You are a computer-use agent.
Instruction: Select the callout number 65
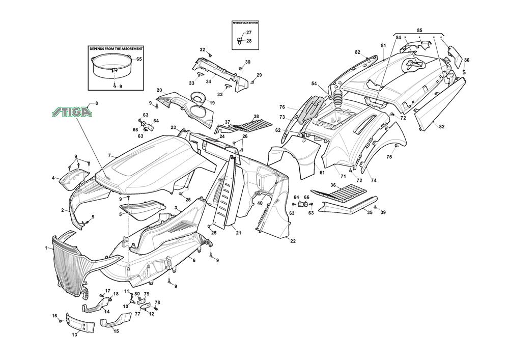pyautogui.click(x=139, y=59)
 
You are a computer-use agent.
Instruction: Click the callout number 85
pyautogui.click(x=419, y=30)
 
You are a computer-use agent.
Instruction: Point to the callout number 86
pyautogui.click(x=467, y=60)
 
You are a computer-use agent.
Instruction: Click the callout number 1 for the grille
pyautogui.click(x=46, y=248)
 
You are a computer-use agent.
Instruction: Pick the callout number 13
pyautogui.click(x=74, y=335)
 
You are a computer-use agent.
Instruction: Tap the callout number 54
pyautogui.click(x=314, y=84)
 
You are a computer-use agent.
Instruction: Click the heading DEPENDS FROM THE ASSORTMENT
pyautogui.click(x=116, y=48)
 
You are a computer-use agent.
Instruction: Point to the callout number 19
pyautogui.click(x=212, y=102)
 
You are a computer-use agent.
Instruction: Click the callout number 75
pyautogui.click(x=389, y=157)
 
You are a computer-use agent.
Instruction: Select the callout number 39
pyautogui.click(x=383, y=212)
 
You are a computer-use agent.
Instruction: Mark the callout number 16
pyautogui.click(x=54, y=316)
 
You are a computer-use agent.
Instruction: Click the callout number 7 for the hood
pyautogui.click(x=109, y=155)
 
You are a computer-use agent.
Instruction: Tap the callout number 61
pyautogui.click(x=322, y=173)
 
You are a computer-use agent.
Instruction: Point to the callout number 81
pyautogui.click(x=383, y=46)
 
